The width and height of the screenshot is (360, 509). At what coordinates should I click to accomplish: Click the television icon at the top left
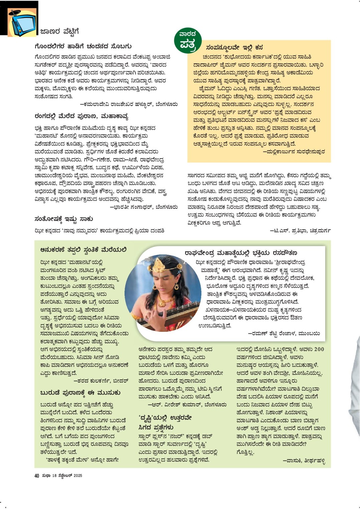23,23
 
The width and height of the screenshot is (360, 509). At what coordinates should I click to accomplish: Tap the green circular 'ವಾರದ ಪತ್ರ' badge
188,39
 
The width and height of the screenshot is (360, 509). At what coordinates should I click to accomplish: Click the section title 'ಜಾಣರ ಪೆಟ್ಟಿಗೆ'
59,32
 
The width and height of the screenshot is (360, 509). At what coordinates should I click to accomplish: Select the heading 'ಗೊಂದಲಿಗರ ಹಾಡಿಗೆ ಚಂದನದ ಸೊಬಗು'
83,46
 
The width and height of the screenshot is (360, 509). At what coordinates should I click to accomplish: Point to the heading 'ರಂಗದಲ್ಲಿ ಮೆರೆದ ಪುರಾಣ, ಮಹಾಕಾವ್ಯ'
81,116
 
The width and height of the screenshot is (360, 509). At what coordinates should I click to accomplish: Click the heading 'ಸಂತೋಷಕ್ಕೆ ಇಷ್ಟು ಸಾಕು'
64,219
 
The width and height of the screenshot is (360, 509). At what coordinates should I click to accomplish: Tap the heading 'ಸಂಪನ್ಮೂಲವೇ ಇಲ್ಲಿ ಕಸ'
234,47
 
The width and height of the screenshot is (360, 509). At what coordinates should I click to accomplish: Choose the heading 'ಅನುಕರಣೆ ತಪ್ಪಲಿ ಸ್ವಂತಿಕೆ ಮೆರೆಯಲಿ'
83,250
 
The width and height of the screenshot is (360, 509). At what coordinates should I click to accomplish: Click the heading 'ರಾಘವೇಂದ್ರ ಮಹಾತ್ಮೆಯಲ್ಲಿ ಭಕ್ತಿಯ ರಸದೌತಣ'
241,253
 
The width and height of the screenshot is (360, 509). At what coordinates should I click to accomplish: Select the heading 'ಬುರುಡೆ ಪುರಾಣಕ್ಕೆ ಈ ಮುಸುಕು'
80,393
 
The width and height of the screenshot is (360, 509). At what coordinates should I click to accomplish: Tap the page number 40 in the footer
37,476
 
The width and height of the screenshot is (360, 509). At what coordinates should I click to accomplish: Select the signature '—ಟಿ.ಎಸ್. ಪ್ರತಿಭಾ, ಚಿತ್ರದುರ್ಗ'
300,231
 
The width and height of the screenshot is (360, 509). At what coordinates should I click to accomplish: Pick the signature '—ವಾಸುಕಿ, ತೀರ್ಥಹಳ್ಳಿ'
304,461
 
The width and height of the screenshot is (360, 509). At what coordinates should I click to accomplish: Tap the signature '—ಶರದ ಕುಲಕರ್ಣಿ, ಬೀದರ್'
101,380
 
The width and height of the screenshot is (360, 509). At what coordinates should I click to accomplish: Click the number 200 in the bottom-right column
319,349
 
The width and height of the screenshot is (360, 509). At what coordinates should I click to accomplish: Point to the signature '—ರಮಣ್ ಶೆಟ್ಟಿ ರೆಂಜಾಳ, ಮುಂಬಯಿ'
284,333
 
